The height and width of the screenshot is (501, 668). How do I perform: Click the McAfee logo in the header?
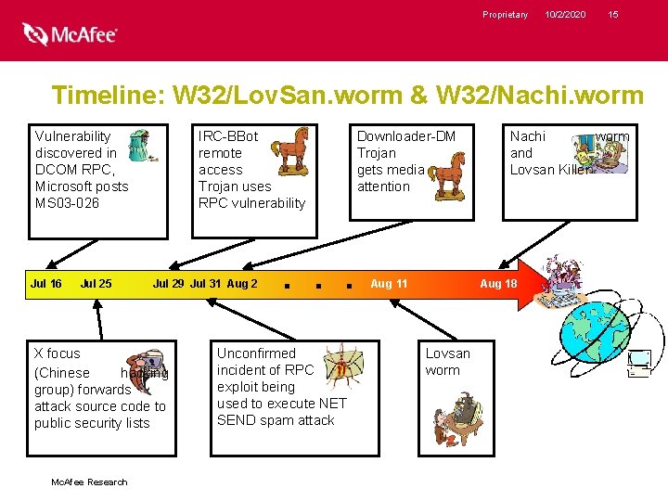click(x=71, y=34)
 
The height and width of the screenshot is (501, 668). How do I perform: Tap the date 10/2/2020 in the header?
click(x=565, y=14)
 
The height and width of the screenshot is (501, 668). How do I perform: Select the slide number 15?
click(x=613, y=14)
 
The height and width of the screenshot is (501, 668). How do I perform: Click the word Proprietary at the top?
click(x=505, y=14)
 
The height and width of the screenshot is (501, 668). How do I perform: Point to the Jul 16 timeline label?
click(x=45, y=283)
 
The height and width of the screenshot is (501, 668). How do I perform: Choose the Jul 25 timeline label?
click(x=96, y=283)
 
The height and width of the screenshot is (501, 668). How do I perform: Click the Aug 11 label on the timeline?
click(x=389, y=283)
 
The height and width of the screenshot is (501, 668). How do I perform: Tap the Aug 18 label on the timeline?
click(x=498, y=283)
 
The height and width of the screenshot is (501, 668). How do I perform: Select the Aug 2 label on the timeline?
click(x=242, y=283)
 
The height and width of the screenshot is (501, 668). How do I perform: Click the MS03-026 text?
click(x=67, y=203)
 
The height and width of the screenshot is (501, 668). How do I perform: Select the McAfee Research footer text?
click(x=89, y=482)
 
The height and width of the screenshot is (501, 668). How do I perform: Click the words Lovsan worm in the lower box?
click(x=447, y=362)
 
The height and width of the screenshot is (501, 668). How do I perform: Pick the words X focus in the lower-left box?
click(x=58, y=353)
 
